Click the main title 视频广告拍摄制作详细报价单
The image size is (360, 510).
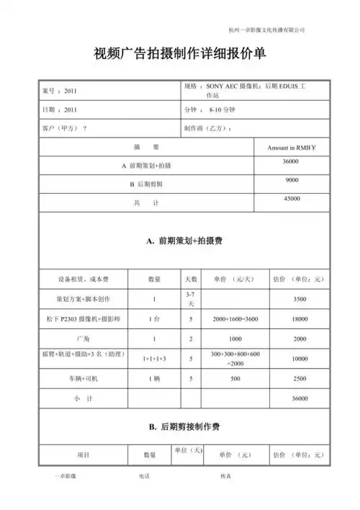tap(180, 55)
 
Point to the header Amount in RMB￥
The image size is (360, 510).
tap(292, 147)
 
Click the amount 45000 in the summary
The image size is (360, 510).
tap(292, 198)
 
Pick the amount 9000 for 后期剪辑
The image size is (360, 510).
tap(292, 179)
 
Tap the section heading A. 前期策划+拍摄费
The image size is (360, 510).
tap(180, 241)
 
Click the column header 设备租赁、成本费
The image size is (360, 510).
tap(82, 279)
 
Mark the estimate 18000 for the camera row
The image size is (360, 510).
tap(300, 318)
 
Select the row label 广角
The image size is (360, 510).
tap(82, 338)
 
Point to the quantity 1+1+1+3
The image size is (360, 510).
tap(153, 358)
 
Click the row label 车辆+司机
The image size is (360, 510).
tap(82, 378)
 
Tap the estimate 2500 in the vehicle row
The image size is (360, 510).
tap(300, 378)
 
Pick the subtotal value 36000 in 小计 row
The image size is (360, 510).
tap(300, 398)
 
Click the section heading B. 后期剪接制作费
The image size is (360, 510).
tap(180, 427)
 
